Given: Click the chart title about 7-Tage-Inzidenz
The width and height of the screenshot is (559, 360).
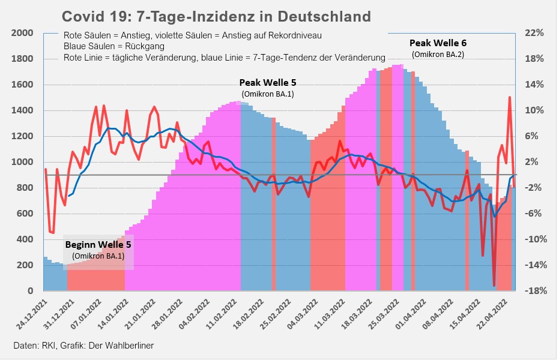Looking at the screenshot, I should click(216, 16).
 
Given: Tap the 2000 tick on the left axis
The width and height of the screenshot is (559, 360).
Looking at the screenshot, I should click(23, 33).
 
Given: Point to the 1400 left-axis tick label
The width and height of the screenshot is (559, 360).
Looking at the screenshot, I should click(23, 110).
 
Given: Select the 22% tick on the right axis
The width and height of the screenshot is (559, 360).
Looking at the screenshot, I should click(534, 33).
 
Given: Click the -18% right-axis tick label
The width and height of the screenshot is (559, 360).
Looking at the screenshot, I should click(534, 291).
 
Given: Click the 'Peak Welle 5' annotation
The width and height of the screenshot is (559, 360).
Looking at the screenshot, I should click(268, 82).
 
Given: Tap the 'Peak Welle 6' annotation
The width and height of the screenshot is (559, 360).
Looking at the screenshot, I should click(438, 43).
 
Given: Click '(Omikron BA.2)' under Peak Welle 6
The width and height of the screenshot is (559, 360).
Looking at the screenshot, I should click(438, 55).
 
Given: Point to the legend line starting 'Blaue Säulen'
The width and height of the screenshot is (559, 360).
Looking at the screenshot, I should click(114, 46).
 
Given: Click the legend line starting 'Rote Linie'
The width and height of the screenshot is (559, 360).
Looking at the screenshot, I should click(224, 58).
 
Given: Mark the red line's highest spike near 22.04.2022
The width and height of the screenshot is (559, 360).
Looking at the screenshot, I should click(510, 97).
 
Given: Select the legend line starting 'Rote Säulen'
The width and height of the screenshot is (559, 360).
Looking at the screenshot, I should click(192, 35).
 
